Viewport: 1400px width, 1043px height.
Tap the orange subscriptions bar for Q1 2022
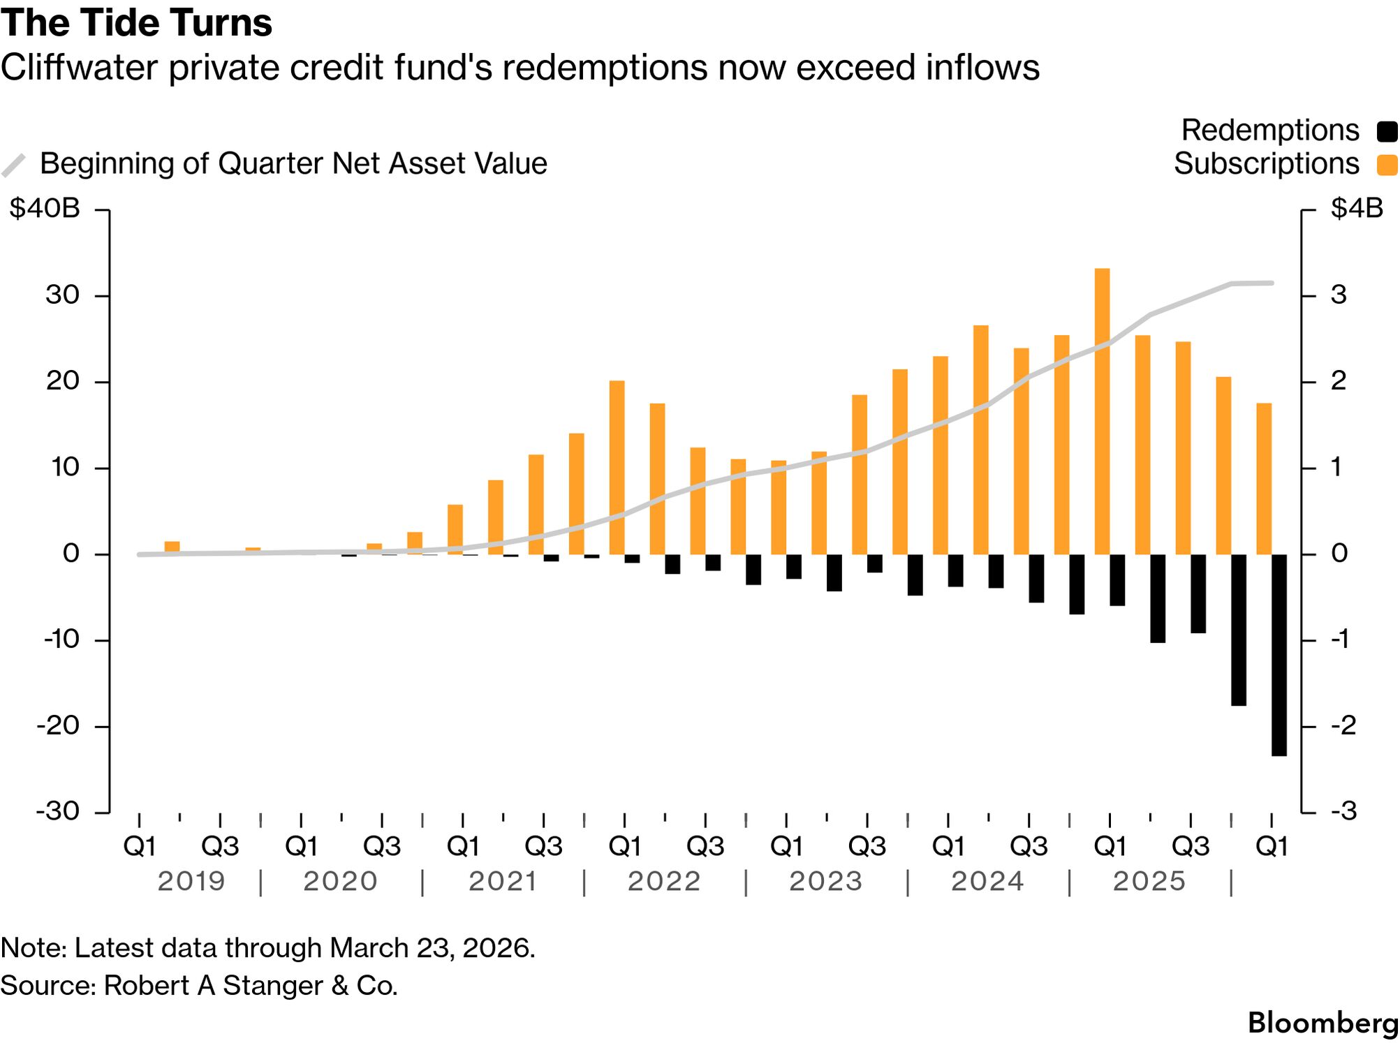[617, 467]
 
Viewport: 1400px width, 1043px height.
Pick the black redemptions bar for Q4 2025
[1238, 630]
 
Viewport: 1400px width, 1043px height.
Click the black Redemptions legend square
[1386, 131]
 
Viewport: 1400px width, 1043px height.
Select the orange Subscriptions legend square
[1386, 165]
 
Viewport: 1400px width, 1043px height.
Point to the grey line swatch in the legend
[14, 165]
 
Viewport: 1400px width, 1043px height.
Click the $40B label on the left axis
[45, 209]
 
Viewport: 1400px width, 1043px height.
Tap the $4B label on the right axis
[1356, 209]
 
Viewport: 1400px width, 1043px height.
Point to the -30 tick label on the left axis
[59, 811]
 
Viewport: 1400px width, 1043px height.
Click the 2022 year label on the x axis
[663, 881]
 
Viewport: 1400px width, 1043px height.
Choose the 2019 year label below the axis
[191, 881]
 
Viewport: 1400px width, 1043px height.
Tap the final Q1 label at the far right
[1272, 846]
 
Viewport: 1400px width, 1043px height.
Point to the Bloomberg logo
[1322, 1023]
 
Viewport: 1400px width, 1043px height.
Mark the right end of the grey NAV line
[1272, 283]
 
